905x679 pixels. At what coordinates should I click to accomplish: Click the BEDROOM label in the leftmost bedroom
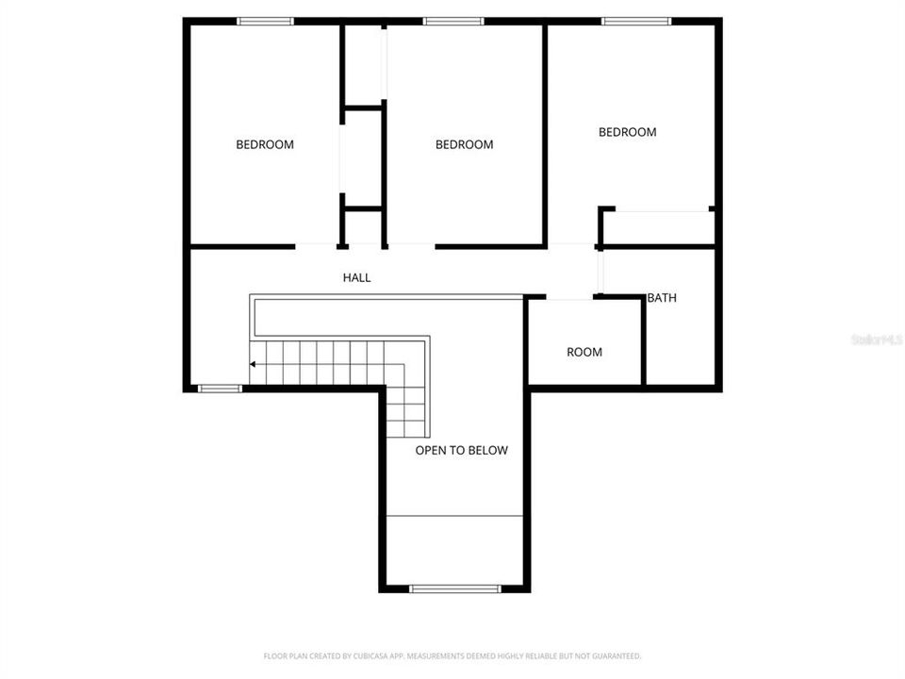264,144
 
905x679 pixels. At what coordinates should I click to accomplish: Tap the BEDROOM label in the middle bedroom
464,144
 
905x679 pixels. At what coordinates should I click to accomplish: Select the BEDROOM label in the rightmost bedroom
627,132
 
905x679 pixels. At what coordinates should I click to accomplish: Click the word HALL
356,277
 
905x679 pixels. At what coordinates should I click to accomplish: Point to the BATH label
662,298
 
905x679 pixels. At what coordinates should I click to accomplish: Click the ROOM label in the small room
584,352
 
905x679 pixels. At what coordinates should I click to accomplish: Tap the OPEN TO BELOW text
461,450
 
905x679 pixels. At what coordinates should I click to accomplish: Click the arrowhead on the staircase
253,364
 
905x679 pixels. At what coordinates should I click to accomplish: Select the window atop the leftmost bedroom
265,21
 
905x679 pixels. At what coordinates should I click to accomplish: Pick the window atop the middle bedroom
452,21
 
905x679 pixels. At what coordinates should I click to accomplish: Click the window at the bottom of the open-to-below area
454,588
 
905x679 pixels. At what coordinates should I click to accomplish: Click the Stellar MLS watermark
877,339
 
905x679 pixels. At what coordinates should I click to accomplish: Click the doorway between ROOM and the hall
569,299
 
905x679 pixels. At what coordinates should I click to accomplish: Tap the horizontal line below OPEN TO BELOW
454,516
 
